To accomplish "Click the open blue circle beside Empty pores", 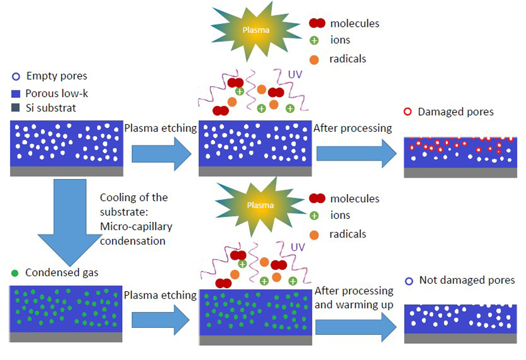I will [x=16, y=77].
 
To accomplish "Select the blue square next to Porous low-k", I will [x=16, y=93].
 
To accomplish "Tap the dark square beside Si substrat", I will [x=16, y=109].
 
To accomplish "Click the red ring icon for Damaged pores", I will [x=408, y=112].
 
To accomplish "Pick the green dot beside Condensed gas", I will [x=15, y=273].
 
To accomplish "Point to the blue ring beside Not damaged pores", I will [x=409, y=281].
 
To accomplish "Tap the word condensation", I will [x=133, y=241].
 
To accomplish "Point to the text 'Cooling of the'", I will [x=134, y=198].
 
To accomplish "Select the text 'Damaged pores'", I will [x=456, y=112].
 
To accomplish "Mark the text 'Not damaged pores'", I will [x=467, y=280].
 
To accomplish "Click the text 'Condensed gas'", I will [x=62, y=273].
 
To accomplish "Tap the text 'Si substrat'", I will [x=51, y=109].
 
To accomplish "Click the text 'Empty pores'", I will [x=52, y=77].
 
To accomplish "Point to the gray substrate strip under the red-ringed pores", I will [x=460, y=173].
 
